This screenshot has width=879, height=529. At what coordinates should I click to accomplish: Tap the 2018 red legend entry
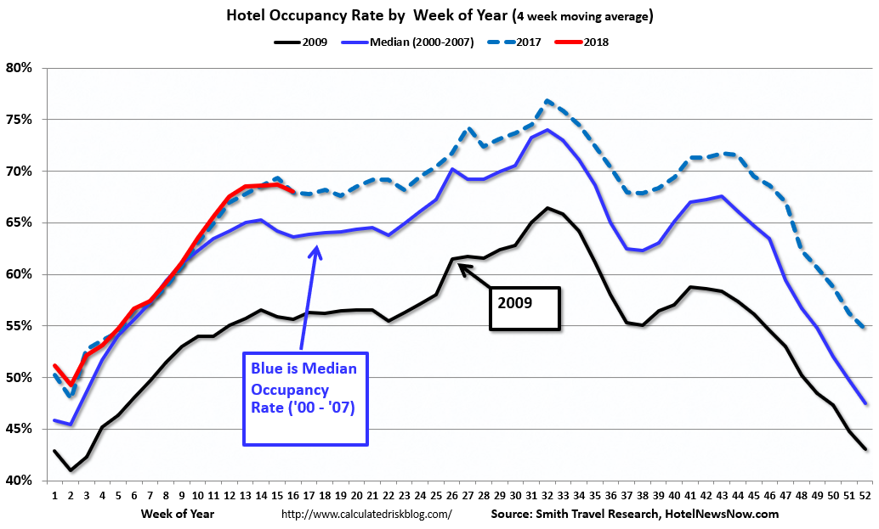click(593, 41)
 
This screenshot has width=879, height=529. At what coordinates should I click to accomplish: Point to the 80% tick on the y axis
click(18, 68)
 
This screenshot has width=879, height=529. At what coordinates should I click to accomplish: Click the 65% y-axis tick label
click(18, 222)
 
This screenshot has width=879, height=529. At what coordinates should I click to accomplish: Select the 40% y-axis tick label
click(18, 481)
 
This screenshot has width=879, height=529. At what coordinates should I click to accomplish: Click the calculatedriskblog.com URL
click(366, 514)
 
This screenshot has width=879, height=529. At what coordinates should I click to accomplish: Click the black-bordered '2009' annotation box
click(525, 307)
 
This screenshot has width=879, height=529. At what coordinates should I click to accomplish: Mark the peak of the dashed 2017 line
click(548, 100)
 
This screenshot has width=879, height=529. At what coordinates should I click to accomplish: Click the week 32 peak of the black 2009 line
click(548, 207)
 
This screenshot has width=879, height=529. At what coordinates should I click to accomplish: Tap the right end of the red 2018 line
click(293, 192)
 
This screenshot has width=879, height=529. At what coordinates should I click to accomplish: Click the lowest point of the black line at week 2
click(70, 470)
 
